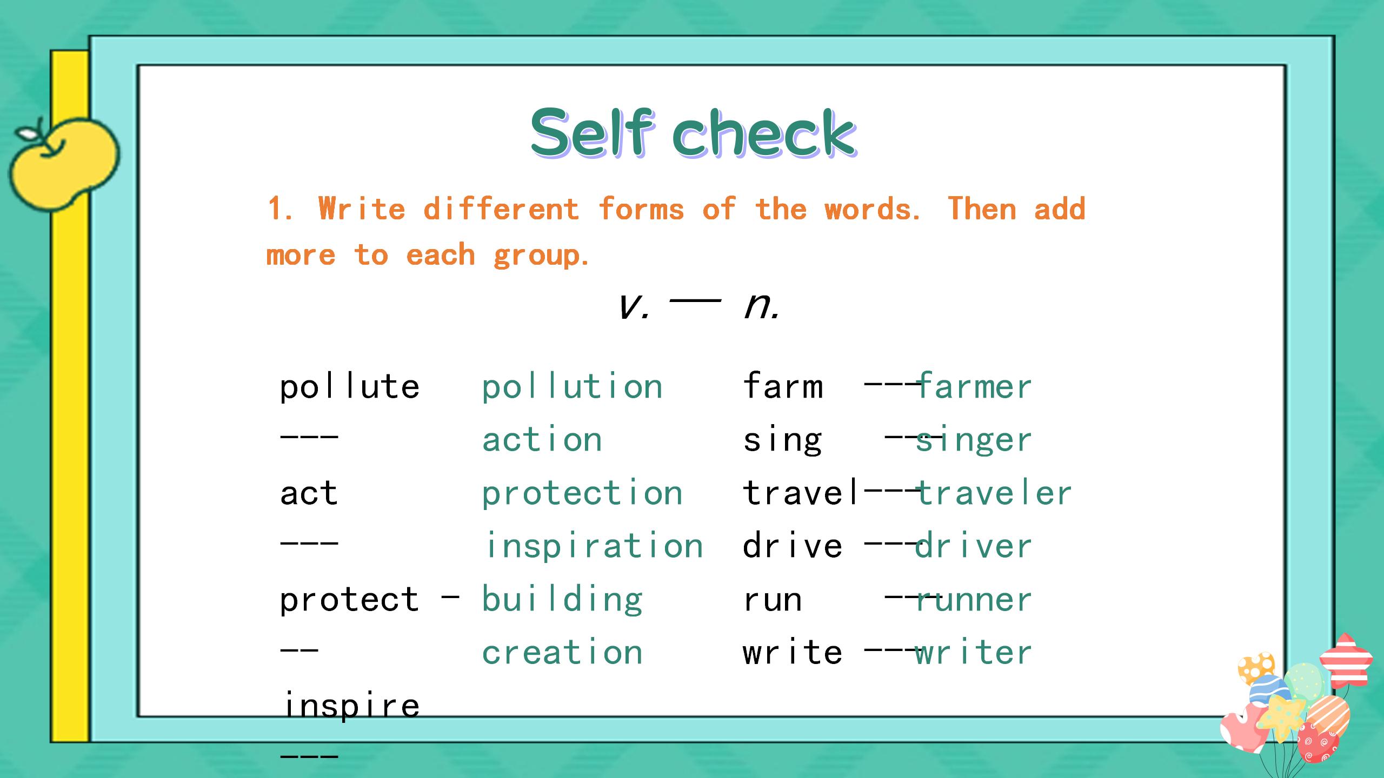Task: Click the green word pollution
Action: click(x=572, y=387)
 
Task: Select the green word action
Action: click(x=542, y=439)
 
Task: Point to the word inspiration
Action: click(x=595, y=546)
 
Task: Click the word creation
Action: click(x=562, y=652)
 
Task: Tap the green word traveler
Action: click(x=994, y=493)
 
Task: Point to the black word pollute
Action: click(x=350, y=387)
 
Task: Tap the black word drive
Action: click(x=793, y=545)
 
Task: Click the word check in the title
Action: click(x=764, y=133)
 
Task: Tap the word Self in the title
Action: click(x=593, y=132)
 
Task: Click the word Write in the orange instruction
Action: click(x=362, y=209)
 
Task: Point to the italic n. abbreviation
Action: click(x=761, y=306)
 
